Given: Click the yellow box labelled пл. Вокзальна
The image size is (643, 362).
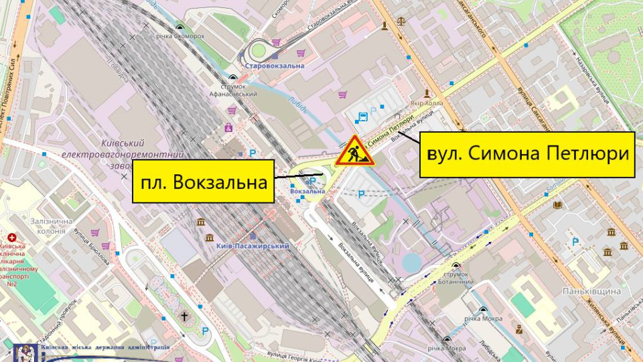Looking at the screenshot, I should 204,181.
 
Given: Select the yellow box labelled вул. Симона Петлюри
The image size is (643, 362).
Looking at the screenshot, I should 526,154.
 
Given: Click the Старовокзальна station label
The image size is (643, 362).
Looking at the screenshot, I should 275,66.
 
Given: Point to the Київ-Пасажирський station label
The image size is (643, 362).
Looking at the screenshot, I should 253,246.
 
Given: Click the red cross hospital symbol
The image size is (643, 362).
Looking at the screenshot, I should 11,238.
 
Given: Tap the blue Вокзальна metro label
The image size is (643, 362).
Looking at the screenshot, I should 308,192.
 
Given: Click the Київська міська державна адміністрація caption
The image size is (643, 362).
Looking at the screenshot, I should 106,347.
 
